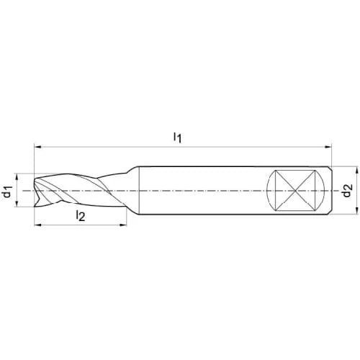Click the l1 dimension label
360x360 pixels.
(x=178, y=138)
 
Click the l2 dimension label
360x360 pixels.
(x=81, y=215)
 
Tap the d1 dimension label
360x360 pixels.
(x=8, y=192)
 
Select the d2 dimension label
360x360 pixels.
(x=347, y=190)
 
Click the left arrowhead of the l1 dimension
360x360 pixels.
(x=38, y=146)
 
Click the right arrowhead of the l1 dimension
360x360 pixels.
(x=328, y=146)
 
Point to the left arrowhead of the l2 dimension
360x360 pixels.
(x=38, y=225)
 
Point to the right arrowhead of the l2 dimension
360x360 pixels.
(x=123, y=225)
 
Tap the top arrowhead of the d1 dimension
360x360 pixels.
(x=17, y=176)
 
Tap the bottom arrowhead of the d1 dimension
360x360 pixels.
(x=17, y=203)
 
